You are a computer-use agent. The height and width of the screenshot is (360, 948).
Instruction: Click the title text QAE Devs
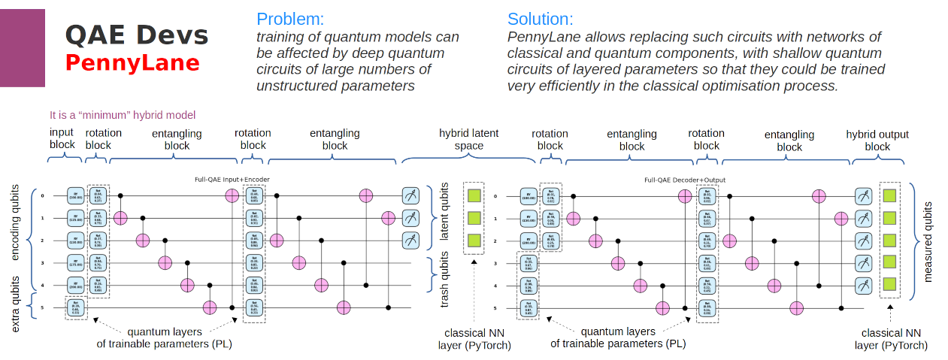[136, 35]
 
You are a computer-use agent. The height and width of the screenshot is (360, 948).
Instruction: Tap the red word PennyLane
[132, 62]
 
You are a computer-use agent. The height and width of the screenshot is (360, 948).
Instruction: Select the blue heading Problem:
[290, 19]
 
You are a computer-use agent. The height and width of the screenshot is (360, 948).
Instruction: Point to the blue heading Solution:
[540, 19]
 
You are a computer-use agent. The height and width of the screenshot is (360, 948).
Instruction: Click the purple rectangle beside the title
[23, 48]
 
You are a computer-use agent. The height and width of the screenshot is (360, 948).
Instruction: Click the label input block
[62, 139]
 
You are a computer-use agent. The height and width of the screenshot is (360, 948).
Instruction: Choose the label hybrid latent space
[468, 139]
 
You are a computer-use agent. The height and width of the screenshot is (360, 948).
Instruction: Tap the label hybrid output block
[877, 141]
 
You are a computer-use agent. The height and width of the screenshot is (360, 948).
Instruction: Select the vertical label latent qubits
[444, 218]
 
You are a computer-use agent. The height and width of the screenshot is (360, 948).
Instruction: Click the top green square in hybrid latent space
[474, 196]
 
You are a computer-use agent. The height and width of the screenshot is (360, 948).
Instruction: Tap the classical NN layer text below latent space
[474, 338]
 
